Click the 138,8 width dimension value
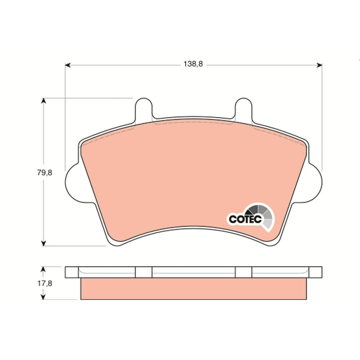193,64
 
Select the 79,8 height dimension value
45,172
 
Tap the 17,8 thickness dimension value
45,284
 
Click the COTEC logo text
245,219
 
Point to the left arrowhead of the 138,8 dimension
68,66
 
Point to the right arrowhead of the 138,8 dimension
319,66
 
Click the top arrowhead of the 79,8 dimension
44,100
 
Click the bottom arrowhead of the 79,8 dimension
44,243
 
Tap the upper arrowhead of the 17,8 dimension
43,269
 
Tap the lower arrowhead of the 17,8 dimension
43,297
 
